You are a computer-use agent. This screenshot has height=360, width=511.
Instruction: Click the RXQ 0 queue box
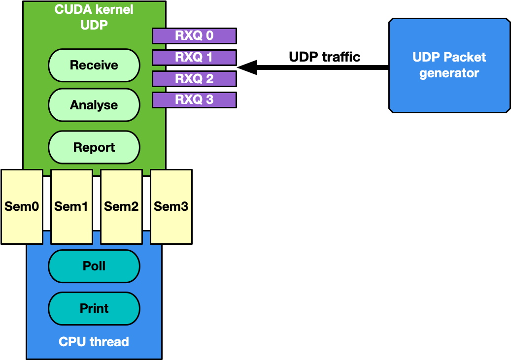point(194,36)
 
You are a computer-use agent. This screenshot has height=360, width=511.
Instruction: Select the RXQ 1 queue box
point(194,58)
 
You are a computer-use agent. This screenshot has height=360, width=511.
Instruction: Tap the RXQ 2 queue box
point(194,79)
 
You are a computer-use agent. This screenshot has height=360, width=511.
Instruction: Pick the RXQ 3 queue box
point(194,100)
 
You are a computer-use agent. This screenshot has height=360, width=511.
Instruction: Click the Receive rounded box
point(94,65)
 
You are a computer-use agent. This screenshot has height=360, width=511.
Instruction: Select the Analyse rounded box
point(94,105)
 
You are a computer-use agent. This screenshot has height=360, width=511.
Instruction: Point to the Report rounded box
point(94,147)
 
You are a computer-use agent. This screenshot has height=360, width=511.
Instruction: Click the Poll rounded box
point(94,266)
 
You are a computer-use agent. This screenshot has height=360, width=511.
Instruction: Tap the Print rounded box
point(94,308)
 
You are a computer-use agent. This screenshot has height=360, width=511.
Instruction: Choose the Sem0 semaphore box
point(22,206)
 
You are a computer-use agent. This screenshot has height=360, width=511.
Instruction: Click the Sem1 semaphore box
point(71,206)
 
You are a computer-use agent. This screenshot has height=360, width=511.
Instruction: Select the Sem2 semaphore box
point(121,206)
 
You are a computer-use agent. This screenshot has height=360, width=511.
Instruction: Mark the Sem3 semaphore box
point(171,206)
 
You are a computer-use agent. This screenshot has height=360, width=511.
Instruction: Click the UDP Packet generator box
point(449,65)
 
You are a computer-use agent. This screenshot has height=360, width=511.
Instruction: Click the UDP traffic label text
point(324,57)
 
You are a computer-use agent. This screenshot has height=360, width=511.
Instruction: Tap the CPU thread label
point(94,341)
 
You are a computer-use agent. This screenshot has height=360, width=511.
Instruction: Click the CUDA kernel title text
point(94,10)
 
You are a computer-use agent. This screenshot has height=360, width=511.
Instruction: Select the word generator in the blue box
point(449,73)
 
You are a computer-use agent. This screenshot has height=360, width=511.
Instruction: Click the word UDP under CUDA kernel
point(94,25)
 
